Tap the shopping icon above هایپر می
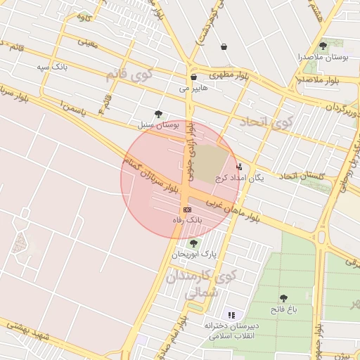(x=193, y=77)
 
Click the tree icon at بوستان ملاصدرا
(x=323, y=46)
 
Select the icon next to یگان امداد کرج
(x=240, y=167)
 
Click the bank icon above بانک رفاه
(x=187, y=210)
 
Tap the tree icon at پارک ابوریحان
(x=194, y=243)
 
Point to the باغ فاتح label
(x=283, y=309)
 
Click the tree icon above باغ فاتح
(x=283, y=298)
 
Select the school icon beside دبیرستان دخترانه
(x=231, y=314)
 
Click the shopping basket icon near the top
(x=224, y=46)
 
